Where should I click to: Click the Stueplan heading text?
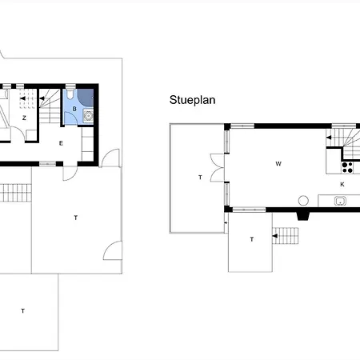[192, 101]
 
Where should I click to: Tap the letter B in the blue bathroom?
[74, 109]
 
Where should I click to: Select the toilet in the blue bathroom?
[70, 94]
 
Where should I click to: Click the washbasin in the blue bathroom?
[88, 116]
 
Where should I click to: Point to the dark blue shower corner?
[86, 98]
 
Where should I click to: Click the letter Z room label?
[24, 118]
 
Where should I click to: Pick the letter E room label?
[61, 143]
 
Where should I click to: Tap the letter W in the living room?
[278, 164]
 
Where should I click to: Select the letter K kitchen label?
[342, 184]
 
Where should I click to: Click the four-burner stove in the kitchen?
[347, 167]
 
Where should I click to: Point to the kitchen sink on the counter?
[340, 201]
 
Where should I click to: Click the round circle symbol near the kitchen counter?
[303, 201]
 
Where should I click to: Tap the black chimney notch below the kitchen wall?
[303, 216]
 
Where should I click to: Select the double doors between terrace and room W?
[218, 168]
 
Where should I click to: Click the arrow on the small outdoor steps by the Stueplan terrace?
[274, 236]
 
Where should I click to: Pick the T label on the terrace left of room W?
[200, 178]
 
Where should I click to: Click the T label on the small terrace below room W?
[252, 239]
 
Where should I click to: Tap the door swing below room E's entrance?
[70, 174]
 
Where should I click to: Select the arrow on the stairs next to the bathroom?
[42, 98]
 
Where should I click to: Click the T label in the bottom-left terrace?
[23, 310]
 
